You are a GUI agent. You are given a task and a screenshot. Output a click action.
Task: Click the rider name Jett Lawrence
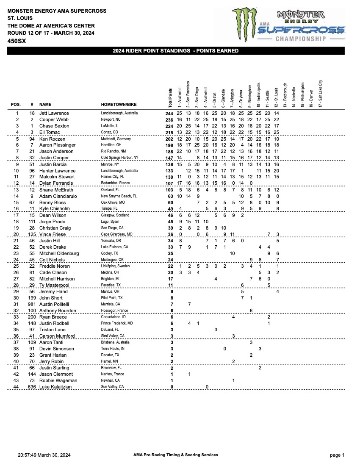[54, 114]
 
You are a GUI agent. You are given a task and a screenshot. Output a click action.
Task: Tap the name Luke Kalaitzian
[58, 387]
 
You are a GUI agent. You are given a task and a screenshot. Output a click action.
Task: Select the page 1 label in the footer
[337, 455]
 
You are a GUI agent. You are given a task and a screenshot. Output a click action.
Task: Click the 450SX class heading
[16, 42]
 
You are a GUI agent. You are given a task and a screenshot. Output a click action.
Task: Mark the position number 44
[17, 387]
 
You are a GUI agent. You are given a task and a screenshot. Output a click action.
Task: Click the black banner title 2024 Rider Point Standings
[175, 51]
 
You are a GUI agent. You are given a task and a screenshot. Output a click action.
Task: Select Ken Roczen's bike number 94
[32, 139]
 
